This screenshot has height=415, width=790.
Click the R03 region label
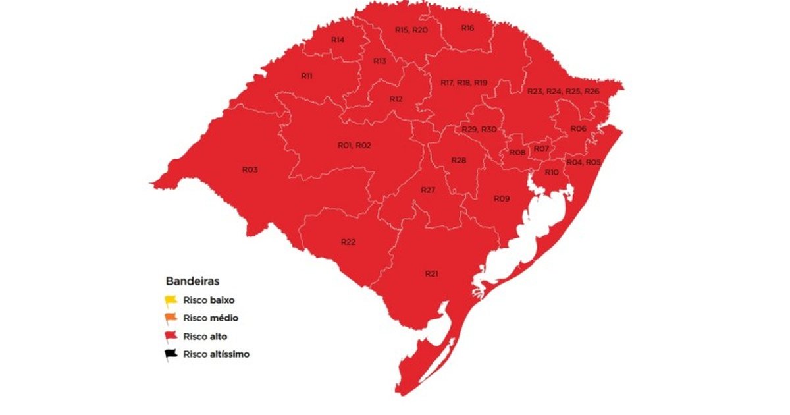(250, 170)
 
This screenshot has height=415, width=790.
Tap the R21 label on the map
(431, 273)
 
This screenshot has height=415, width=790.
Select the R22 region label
(348, 242)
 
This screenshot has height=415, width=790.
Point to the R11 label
(307, 76)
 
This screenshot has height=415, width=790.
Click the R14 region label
(338, 40)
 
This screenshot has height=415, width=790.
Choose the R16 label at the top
(467, 28)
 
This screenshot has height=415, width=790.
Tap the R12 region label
(396, 99)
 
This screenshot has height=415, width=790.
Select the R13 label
(380, 61)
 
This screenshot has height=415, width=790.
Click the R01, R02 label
(354, 145)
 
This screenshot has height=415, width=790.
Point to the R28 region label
(459, 161)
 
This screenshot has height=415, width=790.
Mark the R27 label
(429, 190)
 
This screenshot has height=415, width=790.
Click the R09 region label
(502, 198)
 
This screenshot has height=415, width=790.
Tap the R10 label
(552, 172)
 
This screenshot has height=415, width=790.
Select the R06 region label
(578, 128)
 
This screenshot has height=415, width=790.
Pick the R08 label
(517, 153)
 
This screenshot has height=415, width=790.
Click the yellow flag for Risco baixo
(171, 301)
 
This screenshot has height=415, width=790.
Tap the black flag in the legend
(171, 354)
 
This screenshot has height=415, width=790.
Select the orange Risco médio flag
(171, 319)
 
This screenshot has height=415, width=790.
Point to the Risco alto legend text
(205, 337)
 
